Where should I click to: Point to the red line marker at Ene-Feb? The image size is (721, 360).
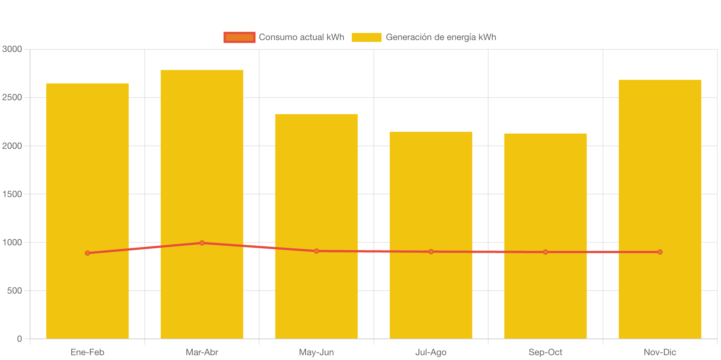click(88, 253)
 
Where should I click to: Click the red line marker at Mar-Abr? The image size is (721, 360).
click(202, 243)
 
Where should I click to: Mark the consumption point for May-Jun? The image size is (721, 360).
click(316, 251)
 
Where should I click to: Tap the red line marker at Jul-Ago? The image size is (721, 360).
click(431, 252)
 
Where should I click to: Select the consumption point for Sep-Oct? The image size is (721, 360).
click(545, 252)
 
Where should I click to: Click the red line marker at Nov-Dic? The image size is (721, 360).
click(660, 252)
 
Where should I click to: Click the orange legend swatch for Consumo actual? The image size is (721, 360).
click(239, 37)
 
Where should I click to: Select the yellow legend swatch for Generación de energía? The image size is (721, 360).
click(366, 37)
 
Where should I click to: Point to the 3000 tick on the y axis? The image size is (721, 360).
click(12, 49)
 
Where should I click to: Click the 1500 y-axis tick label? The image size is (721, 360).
click(12, 194)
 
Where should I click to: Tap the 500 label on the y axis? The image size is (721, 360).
click(14, 291)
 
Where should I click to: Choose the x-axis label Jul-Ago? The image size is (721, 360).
click(431, 352)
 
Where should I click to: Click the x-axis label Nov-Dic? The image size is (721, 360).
click(660, 352)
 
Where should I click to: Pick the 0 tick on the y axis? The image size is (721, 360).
click(19, 339)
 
